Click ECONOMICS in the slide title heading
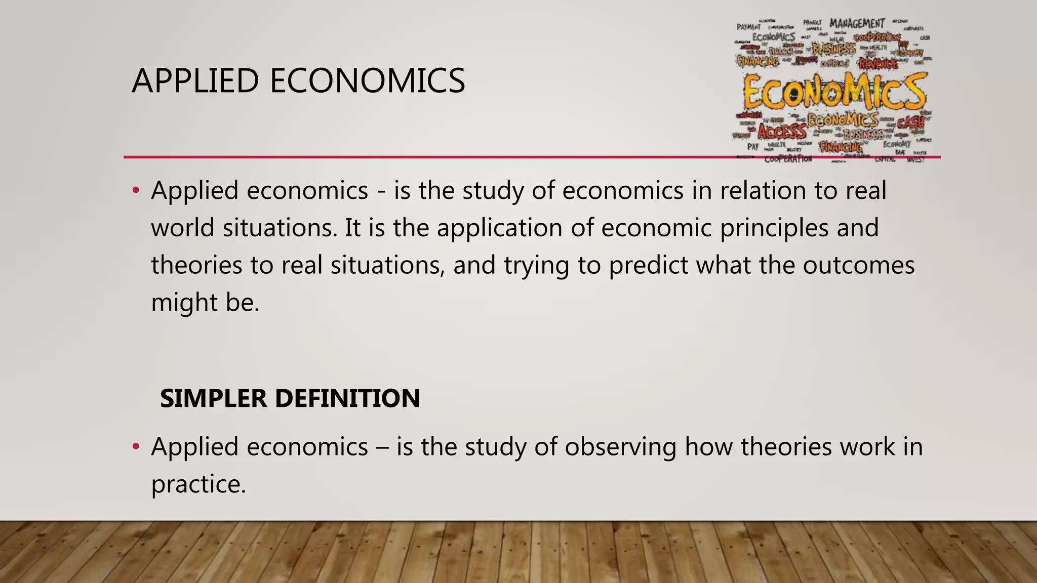(367, 81)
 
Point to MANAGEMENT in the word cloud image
(857, 24)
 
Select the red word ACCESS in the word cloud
(782, 132)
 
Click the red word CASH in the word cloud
(910, 122)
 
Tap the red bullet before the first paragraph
(135, 191)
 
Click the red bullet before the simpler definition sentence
(135, 447)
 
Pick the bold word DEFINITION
(347, 398)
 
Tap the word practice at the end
(198, 484)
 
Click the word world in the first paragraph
(183, 228)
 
